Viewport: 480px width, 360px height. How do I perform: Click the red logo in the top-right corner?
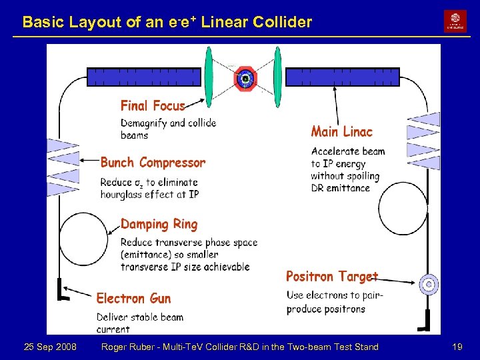point(455,21)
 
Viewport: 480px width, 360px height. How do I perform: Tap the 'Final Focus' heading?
point(153,105)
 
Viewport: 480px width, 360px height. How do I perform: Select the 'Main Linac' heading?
point(342,132)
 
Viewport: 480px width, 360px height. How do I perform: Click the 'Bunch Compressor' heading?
point(153,163)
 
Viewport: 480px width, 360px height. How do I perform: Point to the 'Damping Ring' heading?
point(159,224)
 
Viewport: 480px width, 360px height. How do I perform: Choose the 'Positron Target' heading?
point(332,276)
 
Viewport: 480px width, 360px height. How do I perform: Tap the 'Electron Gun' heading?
point(133,298)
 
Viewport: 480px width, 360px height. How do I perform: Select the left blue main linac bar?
point(143,77)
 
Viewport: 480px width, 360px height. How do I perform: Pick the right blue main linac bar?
point(342,77)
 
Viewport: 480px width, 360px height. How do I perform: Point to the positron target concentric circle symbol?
point(429,285)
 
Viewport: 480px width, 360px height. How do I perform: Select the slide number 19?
point(457,347)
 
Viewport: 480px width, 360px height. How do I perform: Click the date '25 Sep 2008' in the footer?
point(50,347)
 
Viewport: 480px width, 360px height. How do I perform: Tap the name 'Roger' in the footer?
point(116,347)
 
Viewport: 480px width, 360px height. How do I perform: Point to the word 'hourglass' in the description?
point(122,194)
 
